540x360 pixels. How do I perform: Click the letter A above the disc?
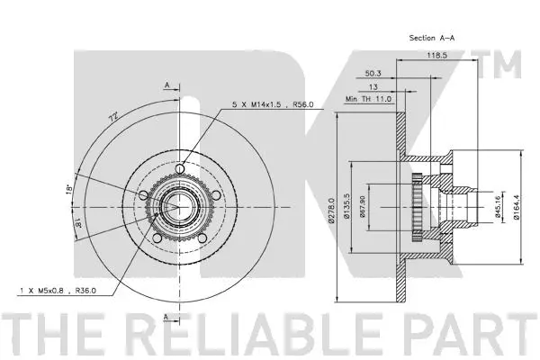point(167,85)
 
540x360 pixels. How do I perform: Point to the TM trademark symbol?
point(510,65)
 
